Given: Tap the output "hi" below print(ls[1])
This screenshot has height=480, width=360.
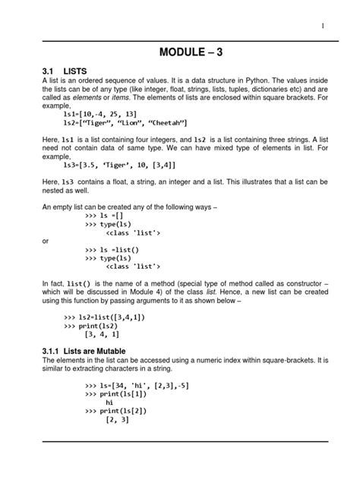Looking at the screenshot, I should [119, 403].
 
